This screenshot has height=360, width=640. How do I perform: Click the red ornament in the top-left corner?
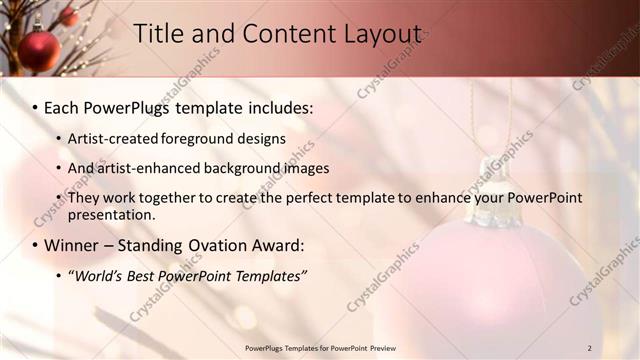(39, 50)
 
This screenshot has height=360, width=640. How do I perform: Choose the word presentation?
(112, 214)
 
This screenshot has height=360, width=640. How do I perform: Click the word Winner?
(74, 245)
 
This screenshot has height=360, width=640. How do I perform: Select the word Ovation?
(227, 245)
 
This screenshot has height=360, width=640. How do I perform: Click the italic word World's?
(99, 275)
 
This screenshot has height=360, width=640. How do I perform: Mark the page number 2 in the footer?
(590, 348)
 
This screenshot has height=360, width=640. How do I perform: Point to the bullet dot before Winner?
(35, 246)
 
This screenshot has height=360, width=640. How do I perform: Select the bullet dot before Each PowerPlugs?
(35, 107)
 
